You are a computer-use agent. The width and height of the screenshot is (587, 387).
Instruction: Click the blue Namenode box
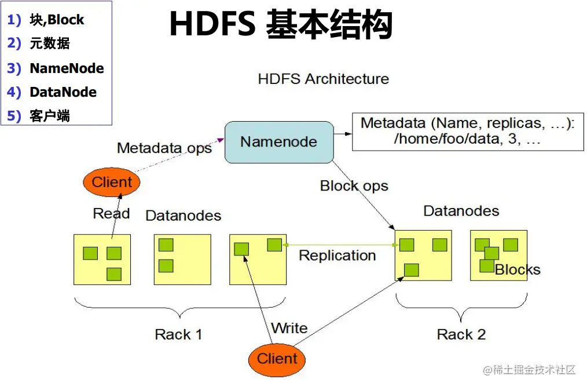(279, 141)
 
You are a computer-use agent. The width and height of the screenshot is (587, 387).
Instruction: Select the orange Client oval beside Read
(112, 182)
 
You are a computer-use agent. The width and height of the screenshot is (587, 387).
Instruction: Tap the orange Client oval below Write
(277, 359)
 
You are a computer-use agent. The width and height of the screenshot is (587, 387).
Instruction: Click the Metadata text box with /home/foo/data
(467, 132)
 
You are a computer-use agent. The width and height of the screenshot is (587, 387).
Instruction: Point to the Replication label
(337, 255)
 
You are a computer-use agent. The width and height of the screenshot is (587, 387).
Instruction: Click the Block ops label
(354, 186)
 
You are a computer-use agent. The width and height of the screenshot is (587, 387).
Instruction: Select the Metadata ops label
(164, 148)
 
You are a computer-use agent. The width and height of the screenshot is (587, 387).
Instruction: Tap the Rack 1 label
(178, 334)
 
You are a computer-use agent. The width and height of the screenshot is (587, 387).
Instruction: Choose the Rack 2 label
(461, 334)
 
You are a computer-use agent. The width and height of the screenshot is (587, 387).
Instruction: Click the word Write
(289, 328)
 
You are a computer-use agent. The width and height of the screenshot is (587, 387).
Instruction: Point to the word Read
(111, 213)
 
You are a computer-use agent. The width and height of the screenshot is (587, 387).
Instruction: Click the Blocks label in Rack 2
(518, 269)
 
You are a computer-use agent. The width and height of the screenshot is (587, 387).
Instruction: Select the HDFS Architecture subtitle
(323, 78)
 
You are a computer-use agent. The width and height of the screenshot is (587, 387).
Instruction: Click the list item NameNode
(67, 68)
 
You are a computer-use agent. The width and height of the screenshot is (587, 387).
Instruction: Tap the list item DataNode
(63, 92)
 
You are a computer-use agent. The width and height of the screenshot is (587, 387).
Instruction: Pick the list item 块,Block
(57, 20)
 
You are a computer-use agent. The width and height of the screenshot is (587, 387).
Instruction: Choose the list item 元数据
(50, 43)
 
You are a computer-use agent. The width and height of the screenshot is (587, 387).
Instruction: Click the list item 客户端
(50, 116)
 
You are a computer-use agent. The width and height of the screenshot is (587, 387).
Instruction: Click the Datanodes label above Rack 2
(461, 210)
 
